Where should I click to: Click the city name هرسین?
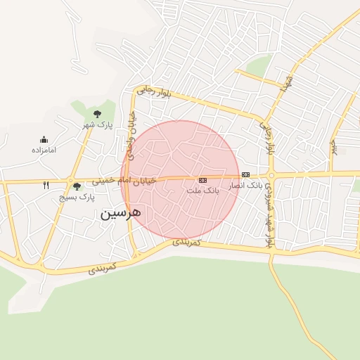pos(121,212)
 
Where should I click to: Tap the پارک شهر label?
pos(98,124)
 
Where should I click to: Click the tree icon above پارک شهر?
pos(97,113)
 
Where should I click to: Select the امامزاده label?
pos(44,150)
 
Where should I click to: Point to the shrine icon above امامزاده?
pos(44,139)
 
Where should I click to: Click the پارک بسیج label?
pos(77,198)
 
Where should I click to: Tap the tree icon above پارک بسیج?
pos(77,186)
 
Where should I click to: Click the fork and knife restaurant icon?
pos(46,186)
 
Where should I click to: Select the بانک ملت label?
pos(204,191)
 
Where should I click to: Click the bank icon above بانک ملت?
pos(203,180)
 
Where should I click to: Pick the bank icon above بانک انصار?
pos(245,174)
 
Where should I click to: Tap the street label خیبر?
pos(334,146)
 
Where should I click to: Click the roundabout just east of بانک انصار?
pos(271,175)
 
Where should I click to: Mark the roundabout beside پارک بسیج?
pos(70,181)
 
